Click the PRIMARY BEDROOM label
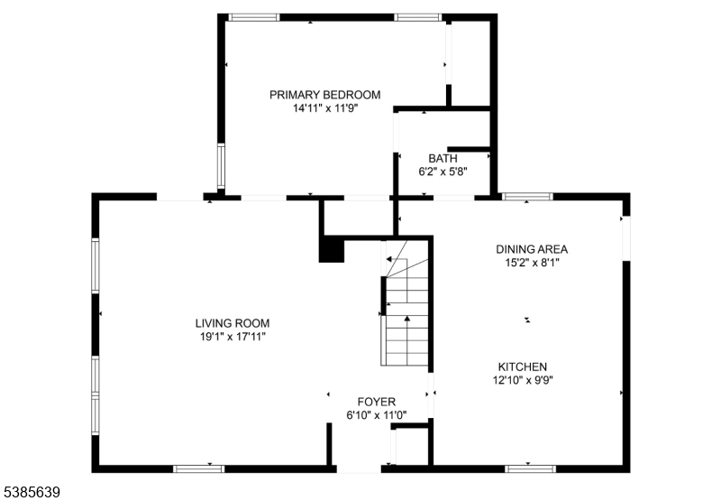click(325, 94)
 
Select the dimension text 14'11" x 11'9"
click(325, 107)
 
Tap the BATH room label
click(443, 158)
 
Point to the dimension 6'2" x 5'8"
click(443, 171)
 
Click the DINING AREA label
click(532, 249)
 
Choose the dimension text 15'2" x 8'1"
click(532, 263)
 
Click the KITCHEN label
click(523, 366)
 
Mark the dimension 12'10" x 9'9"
click(523, 380)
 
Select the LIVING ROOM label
click(233, 323)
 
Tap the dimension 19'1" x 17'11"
click(233, 337)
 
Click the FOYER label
click(377, 402)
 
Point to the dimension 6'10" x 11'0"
click(377, 415)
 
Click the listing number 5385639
click(32, 492)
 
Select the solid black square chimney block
click(332, 249)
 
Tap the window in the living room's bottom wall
click(198, 468)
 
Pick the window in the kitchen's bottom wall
click(530, 468)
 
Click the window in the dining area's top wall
click(527, 195)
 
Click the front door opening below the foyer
click(359, 469)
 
